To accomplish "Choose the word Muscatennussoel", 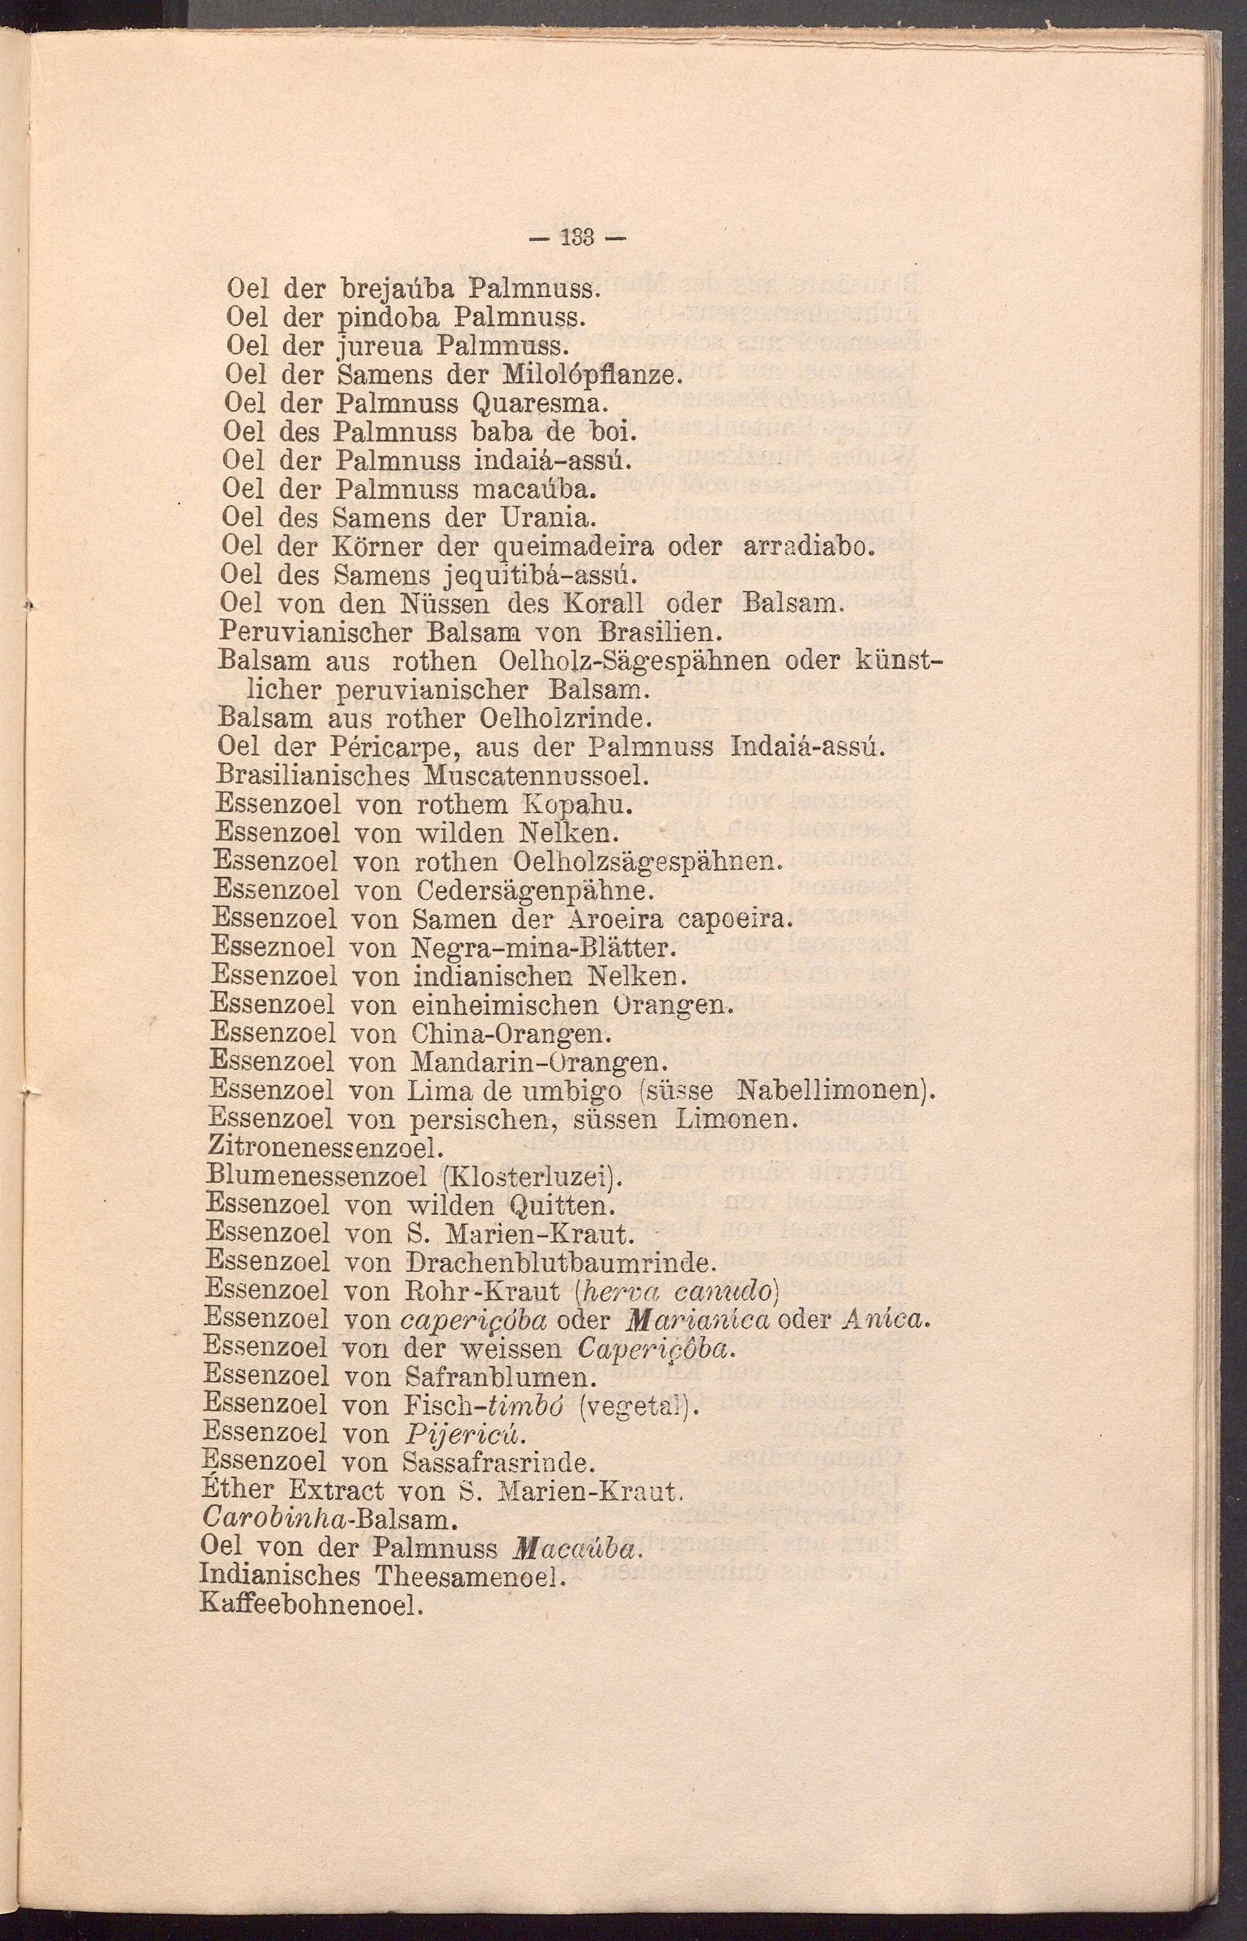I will pos(537,775).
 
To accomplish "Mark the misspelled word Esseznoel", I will pos(274,947).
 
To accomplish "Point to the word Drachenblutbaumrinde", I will pos(559,1262).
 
